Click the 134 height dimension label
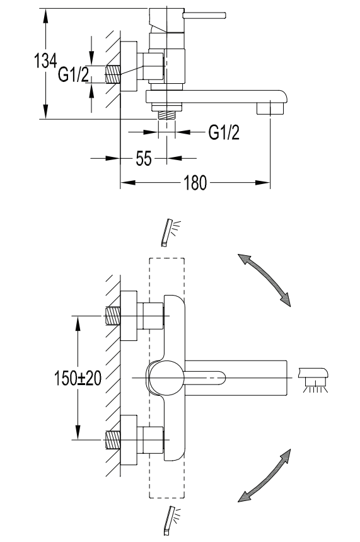[x=45, y=61]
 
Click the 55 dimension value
[x=144, y=159]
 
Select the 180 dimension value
[x=195, y=183]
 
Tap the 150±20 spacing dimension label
[x=78, y=378]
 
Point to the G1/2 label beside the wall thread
[x=73, y=74]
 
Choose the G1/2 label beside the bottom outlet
[x=224, y=132]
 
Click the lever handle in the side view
[x=204, y=16]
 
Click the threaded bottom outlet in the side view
[x=166, y=115]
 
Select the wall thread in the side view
[x=113, y=74]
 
